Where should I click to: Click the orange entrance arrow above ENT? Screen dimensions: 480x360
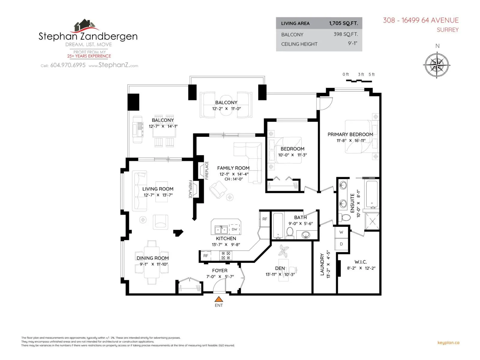point(218,299)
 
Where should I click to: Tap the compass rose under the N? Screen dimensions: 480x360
point(436,65)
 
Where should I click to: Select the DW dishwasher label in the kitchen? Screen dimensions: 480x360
point(234,229)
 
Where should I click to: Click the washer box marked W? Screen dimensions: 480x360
point(341,232)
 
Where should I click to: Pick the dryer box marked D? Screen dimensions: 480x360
point(341,244)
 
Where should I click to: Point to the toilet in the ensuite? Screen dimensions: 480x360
point(344,217)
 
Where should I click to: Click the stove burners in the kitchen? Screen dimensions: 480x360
point(226,256)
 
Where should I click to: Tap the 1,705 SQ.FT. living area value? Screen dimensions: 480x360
point(343,23)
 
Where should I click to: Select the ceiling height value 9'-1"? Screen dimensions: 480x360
point(352,43)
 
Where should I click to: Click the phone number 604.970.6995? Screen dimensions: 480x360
point(68,65)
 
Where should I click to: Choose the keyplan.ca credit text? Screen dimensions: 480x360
point(448,343)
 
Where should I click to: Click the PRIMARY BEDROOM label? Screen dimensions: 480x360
point(350,134)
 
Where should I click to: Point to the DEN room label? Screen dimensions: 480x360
point(280,268)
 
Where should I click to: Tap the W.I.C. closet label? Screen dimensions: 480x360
point(361,262)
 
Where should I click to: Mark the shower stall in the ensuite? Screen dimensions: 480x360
point(372,222)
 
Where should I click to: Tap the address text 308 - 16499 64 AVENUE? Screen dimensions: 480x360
point(421,20)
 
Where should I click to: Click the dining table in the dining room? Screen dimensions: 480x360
point(151,262)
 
